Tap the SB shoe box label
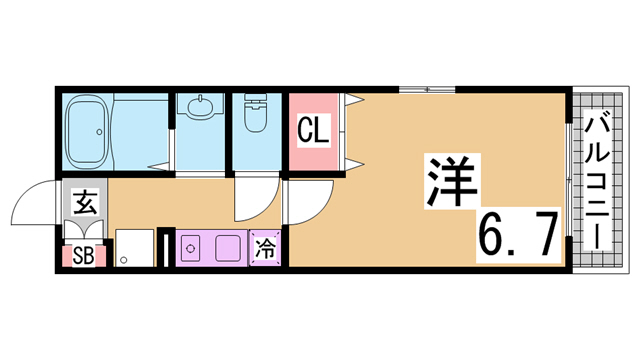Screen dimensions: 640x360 point(83,256)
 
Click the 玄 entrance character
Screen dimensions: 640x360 point(85,202)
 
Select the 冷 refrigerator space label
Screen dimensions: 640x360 point(265,249)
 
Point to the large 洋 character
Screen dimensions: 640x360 point(452,181)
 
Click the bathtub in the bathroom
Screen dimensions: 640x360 point(87,131)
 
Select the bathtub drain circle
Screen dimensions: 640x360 point(99,132)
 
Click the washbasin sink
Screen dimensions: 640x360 point(200,106)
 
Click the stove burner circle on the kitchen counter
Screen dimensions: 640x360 point(190,248)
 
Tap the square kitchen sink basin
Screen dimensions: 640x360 point(226,247)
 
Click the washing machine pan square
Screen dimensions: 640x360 point(135,248)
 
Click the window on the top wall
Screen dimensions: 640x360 point(427,90)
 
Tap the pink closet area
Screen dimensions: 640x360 point(313,132)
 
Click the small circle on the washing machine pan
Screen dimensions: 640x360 point(124,260)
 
